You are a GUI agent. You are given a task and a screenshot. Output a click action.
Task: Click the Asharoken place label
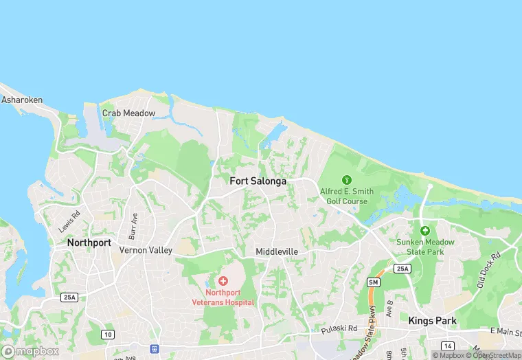click(x=22, y=100)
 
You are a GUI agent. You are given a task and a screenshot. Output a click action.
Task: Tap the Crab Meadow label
click(x=128, y=113)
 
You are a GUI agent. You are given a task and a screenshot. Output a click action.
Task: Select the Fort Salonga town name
click(x=258, y=181)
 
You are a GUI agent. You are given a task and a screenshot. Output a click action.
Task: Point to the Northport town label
click(x=89, y=243)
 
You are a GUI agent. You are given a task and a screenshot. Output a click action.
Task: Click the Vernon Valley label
click(x=146, y=250)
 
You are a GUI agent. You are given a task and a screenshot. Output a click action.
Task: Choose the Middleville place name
click(x=277, y=251)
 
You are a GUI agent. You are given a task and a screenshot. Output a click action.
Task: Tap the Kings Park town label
click(x=431, y=320)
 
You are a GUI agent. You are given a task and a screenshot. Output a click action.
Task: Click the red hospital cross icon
click(x=223, y=281)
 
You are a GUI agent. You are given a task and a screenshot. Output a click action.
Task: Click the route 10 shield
click(x=107, y=334)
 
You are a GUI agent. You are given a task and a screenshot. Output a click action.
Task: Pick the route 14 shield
click(x=448, y=346)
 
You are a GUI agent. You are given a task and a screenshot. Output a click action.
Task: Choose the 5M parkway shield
click(x=374, y=282)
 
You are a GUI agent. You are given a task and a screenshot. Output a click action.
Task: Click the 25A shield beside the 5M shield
click(x=402, y=268)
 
